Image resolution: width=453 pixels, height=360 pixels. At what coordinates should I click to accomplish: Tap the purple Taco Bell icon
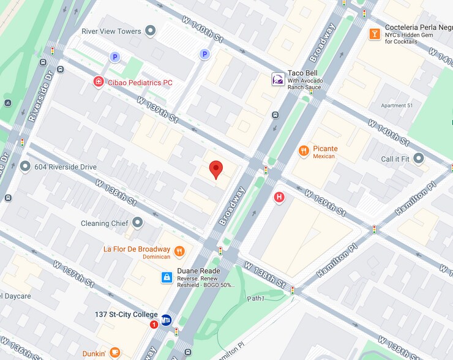278,79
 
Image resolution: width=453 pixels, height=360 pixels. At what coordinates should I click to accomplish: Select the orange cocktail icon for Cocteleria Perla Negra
374,34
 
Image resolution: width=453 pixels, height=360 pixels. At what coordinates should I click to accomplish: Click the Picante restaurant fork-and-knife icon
303,150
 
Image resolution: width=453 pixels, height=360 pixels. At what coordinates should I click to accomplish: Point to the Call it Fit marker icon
419,159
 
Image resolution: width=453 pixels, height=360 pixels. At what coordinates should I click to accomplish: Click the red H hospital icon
279,197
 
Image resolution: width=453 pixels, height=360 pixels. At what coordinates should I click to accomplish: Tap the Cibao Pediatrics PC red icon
98,82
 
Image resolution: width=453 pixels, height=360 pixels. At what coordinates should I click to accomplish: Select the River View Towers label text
111,31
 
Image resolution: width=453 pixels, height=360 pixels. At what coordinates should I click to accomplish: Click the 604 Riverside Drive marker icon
25,167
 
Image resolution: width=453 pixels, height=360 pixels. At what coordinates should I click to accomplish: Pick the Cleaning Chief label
104,223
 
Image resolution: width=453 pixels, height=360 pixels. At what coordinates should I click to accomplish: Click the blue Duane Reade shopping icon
165,277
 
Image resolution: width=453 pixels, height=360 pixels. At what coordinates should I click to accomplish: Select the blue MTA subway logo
166,320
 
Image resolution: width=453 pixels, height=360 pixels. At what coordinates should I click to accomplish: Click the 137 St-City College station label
126,315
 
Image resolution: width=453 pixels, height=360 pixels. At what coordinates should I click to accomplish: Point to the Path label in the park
256,299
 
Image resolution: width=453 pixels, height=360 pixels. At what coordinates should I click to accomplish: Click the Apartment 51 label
397,105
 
